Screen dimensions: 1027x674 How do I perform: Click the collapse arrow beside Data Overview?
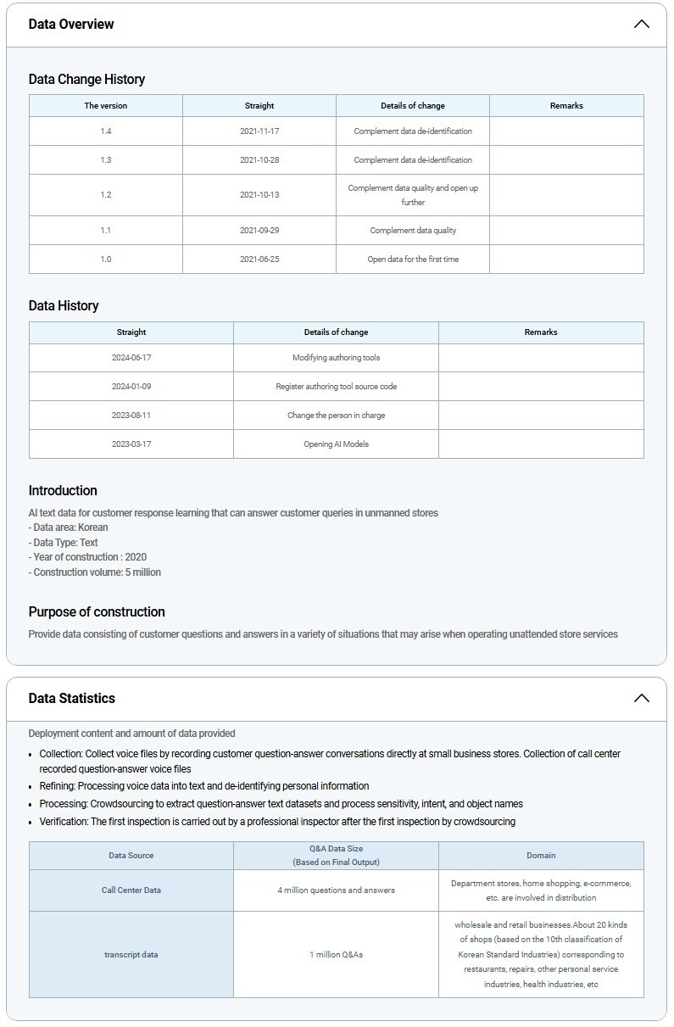click(x=641, y=24)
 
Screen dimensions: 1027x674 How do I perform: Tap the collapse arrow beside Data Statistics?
click(x=641, y=698)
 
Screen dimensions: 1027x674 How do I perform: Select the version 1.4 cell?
click(x=106, y=131)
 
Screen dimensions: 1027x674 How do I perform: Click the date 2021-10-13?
click(x=259, y=195)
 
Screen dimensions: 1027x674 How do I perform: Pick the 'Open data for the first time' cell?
click(x=413, y=260)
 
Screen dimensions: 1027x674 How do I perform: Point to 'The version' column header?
click(x=106, y=106)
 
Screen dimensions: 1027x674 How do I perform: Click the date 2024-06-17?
click(x=131, y=358)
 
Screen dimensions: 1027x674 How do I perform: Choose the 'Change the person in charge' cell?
click(x=336, y=416)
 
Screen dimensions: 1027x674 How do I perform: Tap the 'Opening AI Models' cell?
click(x=336, y=444)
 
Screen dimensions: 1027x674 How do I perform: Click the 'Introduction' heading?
click(x=63, y=490)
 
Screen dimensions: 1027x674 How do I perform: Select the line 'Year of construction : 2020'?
click(x=87, y=557)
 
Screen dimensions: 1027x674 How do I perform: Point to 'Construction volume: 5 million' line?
click(x=95, y=572)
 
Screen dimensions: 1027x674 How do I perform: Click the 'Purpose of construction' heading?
click(x=97, y=611)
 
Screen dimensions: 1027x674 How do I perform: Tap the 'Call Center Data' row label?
click(x=131, y=890)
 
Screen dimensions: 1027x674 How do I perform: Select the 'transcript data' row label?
click(x=131, y=955)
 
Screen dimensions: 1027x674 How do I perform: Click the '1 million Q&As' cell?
click(x=336, y=955)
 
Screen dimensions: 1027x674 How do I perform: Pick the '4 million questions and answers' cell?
click(x=336, y=890)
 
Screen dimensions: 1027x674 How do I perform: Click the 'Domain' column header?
click(x=541, y=856)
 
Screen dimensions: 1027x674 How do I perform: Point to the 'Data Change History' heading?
click(x=86, y=79)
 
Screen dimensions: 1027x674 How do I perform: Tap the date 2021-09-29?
click(x=259, y=231)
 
